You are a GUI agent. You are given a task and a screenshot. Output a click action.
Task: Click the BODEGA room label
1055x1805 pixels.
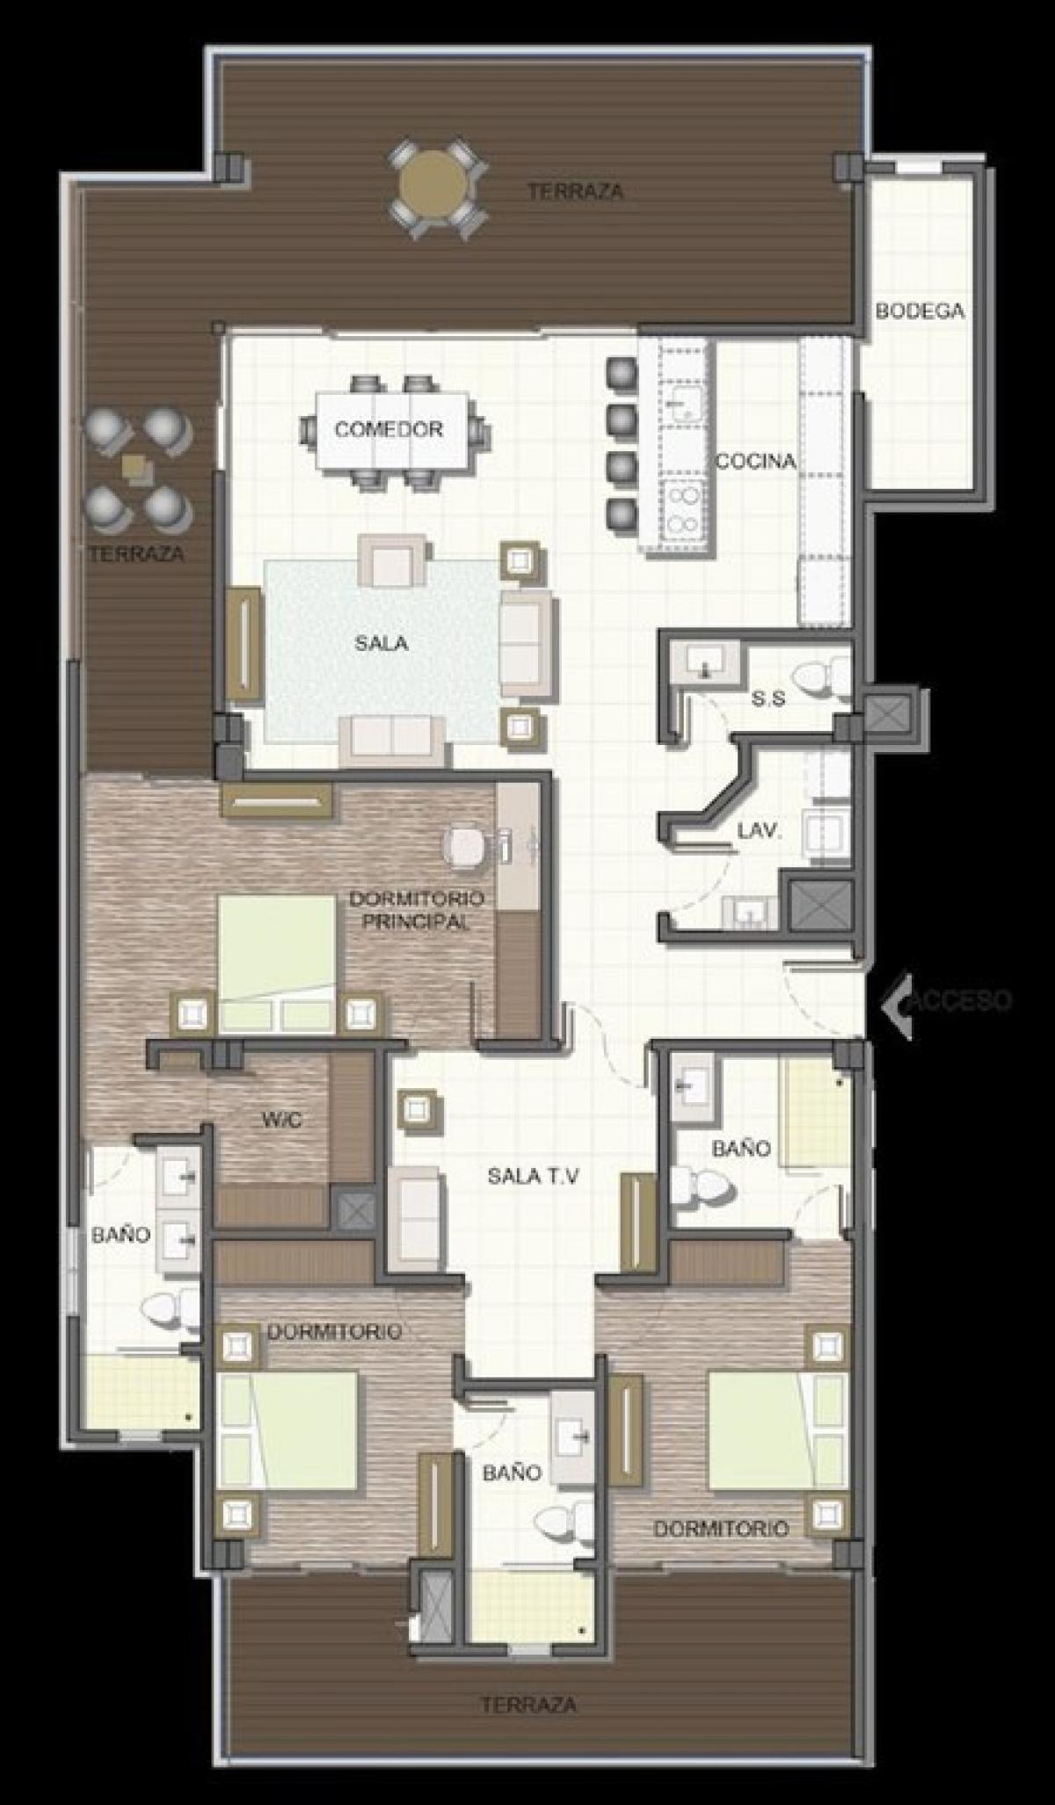pos(920,311)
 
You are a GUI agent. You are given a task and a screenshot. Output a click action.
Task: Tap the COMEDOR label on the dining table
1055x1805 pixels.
pos(388,429)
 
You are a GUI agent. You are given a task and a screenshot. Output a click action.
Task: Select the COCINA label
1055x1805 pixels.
pos(755,461)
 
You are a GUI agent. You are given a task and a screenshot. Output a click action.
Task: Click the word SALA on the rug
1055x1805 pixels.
pos(382,643)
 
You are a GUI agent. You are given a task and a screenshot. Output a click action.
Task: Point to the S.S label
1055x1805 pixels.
pos(768,699)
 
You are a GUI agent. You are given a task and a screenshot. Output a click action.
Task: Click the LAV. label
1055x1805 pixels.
pos(760,829)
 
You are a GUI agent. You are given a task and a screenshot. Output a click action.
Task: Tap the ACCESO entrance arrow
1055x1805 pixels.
pos(899,1000)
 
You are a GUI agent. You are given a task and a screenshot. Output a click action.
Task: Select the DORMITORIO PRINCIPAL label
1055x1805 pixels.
pos(416,910)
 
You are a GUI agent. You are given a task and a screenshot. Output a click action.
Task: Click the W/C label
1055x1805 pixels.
pos(282,1122)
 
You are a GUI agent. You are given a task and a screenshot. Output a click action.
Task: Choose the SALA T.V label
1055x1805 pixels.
pos(533,1176)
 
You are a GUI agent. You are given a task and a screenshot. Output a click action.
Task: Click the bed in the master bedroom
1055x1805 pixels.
pos(276,963)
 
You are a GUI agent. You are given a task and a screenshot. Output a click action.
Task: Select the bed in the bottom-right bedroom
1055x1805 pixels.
pos(776,1431)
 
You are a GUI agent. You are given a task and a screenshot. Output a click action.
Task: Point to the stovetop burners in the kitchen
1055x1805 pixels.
pos(683,511)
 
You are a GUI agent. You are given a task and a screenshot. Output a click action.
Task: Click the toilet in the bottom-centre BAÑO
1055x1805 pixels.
pos(561,1519)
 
